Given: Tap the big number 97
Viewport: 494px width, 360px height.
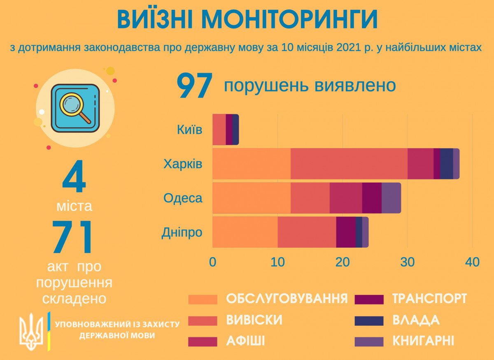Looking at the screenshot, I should pos(194,87).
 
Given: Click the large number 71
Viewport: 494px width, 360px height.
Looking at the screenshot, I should pos(73,239).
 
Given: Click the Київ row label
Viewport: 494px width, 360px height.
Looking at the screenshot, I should pos(190,130).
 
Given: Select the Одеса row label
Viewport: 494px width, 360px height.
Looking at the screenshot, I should pos(183,198).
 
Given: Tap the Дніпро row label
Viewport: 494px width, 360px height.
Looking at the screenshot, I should pos(182,232).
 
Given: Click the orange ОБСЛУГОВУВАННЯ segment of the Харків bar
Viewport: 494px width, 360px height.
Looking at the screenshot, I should pos(251,164).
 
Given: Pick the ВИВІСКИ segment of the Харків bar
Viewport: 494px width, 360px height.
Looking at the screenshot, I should pos(349,164).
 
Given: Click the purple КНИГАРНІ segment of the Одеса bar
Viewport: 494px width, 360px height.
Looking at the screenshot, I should pos(391,198).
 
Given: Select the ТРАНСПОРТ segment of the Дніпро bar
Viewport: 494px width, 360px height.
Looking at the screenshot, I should pos(346,232).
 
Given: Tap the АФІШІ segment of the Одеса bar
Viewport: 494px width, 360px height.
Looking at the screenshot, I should pos(346,198).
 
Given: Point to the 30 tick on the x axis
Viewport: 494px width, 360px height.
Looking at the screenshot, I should pos(407,262).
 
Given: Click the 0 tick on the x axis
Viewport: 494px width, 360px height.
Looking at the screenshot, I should pos(212,262).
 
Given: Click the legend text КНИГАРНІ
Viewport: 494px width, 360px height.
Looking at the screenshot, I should pos(423,341).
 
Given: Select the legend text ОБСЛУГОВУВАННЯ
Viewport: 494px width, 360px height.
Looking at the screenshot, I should pos(287,298).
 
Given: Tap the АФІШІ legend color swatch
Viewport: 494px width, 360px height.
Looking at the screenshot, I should pos(203,341).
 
